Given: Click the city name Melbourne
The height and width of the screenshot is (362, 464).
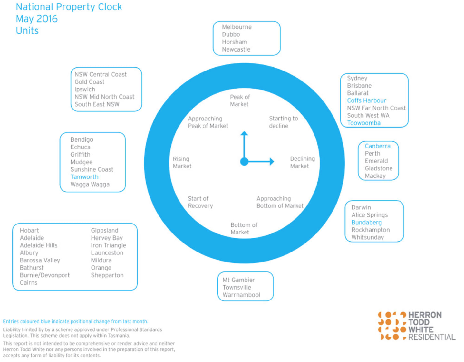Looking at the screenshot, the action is click(x=237, y=27).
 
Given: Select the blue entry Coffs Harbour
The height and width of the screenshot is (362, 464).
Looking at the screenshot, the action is click(x=366, y=100).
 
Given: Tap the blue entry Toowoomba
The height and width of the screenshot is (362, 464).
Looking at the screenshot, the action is click(x=364, y=123).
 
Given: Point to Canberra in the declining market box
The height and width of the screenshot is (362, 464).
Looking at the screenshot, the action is click(x=377, y=146).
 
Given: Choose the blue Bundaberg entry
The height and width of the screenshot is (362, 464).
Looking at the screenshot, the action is click(x=366, y=223).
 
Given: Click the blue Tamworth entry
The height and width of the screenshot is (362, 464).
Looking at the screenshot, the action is click(x=84, y=177).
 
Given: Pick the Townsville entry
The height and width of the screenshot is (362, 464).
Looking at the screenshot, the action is click(x=237, y=287).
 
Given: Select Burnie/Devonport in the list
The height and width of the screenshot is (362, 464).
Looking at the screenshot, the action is click(x=44, y=275).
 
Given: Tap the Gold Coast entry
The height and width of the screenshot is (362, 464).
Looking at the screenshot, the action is click(x=90, y=82).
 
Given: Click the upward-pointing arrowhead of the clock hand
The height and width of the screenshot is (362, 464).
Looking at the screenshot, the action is click(x=244, y=133).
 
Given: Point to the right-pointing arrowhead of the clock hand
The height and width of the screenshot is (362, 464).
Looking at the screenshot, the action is click(x=272, y=161).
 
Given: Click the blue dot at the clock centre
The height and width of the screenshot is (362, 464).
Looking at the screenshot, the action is click(x=244, y=162).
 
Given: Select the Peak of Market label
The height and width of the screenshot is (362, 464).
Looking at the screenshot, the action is click(x=240, y=100).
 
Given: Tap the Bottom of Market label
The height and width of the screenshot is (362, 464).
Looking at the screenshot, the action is click(x=244, y=228).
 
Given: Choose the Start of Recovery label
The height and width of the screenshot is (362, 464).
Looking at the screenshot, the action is click(x=200, y=202).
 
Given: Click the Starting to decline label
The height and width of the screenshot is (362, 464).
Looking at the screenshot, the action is click(x=283, y=122).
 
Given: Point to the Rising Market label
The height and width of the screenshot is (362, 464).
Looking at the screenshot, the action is click(x=182, y=162).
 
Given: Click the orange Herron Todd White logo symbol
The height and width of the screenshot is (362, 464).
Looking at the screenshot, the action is click(x=392, y=326).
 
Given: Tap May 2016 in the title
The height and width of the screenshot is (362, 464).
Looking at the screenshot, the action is click(x=37, y=19).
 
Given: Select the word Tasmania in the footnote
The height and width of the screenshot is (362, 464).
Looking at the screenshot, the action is click(x=119, y=335).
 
